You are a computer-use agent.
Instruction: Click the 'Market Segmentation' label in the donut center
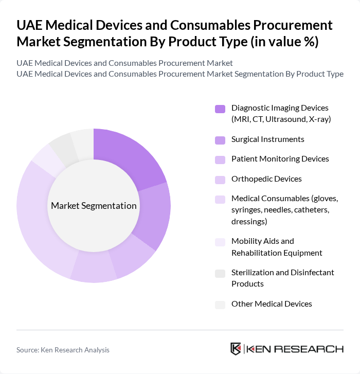94,206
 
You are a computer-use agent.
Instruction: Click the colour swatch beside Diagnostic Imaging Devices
220,109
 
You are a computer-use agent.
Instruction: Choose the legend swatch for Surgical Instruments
220,139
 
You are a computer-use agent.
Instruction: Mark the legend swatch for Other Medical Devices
220,304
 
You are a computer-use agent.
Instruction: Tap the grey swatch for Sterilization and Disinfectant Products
220,273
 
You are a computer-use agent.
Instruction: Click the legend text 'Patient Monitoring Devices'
280,159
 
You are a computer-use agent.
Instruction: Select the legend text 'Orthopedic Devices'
266,179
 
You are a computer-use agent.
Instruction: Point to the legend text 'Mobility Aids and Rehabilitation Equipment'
277,247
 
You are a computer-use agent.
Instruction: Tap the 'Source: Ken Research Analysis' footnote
63,350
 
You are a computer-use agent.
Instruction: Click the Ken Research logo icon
236,349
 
